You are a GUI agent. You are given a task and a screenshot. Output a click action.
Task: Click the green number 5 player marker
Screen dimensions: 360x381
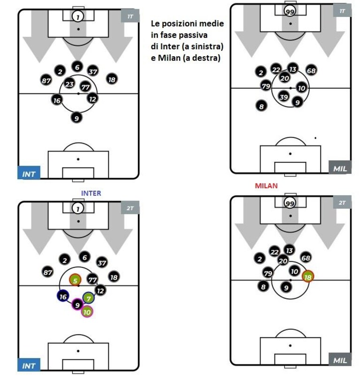(75, 280)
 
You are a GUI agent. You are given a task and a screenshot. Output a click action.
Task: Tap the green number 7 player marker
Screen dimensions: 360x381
(89, 298)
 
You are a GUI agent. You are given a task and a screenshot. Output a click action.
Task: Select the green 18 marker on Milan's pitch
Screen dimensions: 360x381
(308, 277)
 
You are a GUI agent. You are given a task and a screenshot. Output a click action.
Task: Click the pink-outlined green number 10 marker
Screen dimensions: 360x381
(87, 312)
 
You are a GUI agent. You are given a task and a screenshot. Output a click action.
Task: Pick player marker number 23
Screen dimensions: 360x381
(69, 84)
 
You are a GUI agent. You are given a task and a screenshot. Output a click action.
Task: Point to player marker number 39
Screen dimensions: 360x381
(283, 97)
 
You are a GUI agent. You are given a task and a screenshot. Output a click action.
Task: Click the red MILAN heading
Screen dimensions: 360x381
(266, 186)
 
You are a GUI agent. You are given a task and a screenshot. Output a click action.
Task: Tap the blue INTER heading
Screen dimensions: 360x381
(91, 193)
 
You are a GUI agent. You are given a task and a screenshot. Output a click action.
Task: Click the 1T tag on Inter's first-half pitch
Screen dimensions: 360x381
(130, 16)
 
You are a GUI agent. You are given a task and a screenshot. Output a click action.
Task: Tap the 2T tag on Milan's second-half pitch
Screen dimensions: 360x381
(342, 202)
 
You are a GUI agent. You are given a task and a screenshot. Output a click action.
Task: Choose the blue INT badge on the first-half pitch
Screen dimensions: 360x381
(29, 173)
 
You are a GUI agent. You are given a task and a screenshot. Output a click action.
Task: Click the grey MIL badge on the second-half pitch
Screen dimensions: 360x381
(340, 359)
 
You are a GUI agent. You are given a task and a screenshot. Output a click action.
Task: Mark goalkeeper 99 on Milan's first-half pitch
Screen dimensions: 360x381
(290, 11)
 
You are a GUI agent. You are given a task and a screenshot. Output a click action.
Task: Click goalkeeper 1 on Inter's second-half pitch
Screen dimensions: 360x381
(78, 208)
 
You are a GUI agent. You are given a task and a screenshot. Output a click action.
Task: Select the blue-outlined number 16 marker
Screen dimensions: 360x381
(63, 296)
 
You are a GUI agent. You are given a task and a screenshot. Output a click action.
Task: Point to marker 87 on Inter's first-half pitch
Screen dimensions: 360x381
(46, 80)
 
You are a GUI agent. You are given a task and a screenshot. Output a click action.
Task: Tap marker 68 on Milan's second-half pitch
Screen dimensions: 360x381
(306, 258)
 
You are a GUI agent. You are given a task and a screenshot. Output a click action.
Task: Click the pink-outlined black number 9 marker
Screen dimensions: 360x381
(77, 305)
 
